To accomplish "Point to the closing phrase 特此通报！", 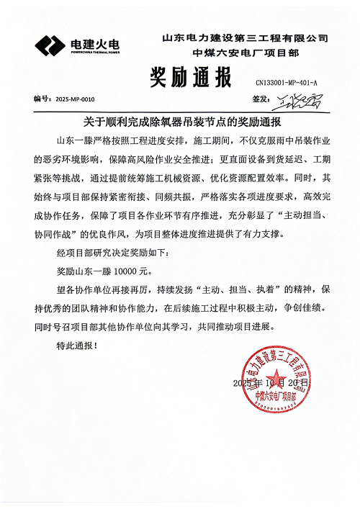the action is [x=75, y=346].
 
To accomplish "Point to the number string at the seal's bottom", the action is [x=282, y=407].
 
